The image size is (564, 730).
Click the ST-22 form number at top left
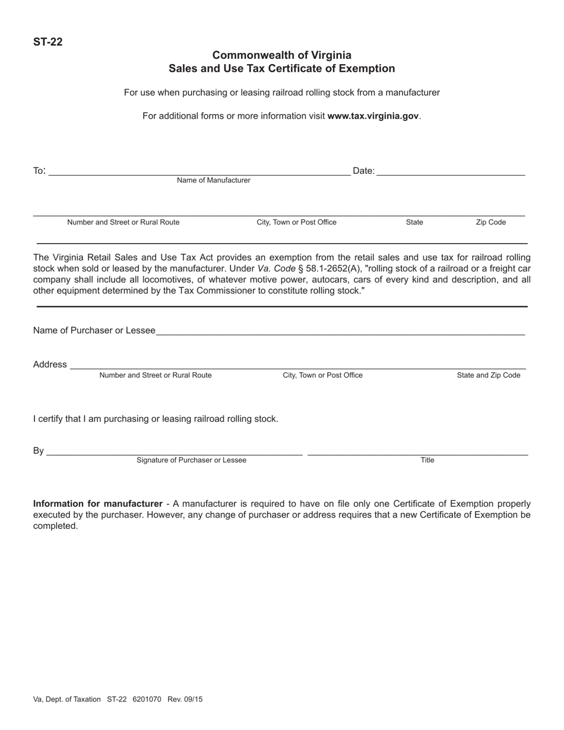coord(47,42)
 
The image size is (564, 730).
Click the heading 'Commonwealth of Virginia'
coord(281,55)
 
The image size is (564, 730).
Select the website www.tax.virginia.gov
coord(373,116)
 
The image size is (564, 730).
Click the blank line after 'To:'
coord(199,172)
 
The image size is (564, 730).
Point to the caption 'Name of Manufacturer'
coord(213,180)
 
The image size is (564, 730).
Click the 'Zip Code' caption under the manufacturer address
coord(490,223)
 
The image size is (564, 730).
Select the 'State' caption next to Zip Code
coord(414,223)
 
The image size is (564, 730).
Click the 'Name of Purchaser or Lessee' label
coord(94,331)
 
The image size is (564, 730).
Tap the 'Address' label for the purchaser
coord(50,364)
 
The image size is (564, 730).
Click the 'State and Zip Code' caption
coord(488,376)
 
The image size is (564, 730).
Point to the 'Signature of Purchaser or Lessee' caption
coord(191,461)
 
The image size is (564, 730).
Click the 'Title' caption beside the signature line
coord(427,461)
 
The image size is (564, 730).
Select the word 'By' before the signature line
coord(38,451)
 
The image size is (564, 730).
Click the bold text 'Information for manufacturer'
coord(97,504)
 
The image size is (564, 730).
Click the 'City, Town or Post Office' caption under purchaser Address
coord(322,376)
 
